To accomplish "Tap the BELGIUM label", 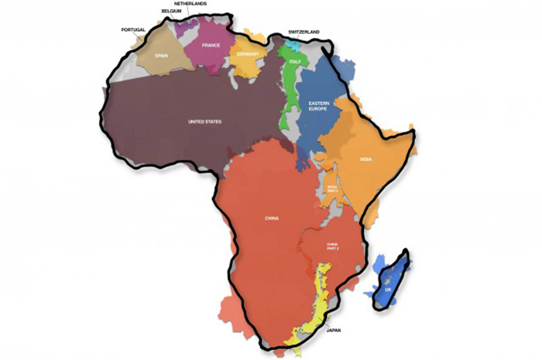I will (x=172, y=12).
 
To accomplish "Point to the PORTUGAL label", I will (x=133, y=30).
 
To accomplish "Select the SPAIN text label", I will (x=161, y=56).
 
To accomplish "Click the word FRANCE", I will (x=211, y=45).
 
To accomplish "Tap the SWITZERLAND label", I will (x=304, y=32).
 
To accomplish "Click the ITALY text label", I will (x=295, y=61).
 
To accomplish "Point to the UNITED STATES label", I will (x=204, y=122).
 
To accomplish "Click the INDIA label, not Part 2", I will (x=365, y=159).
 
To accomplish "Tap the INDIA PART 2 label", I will (x=331, y=188).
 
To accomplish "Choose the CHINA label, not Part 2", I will (x=271, y=219).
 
